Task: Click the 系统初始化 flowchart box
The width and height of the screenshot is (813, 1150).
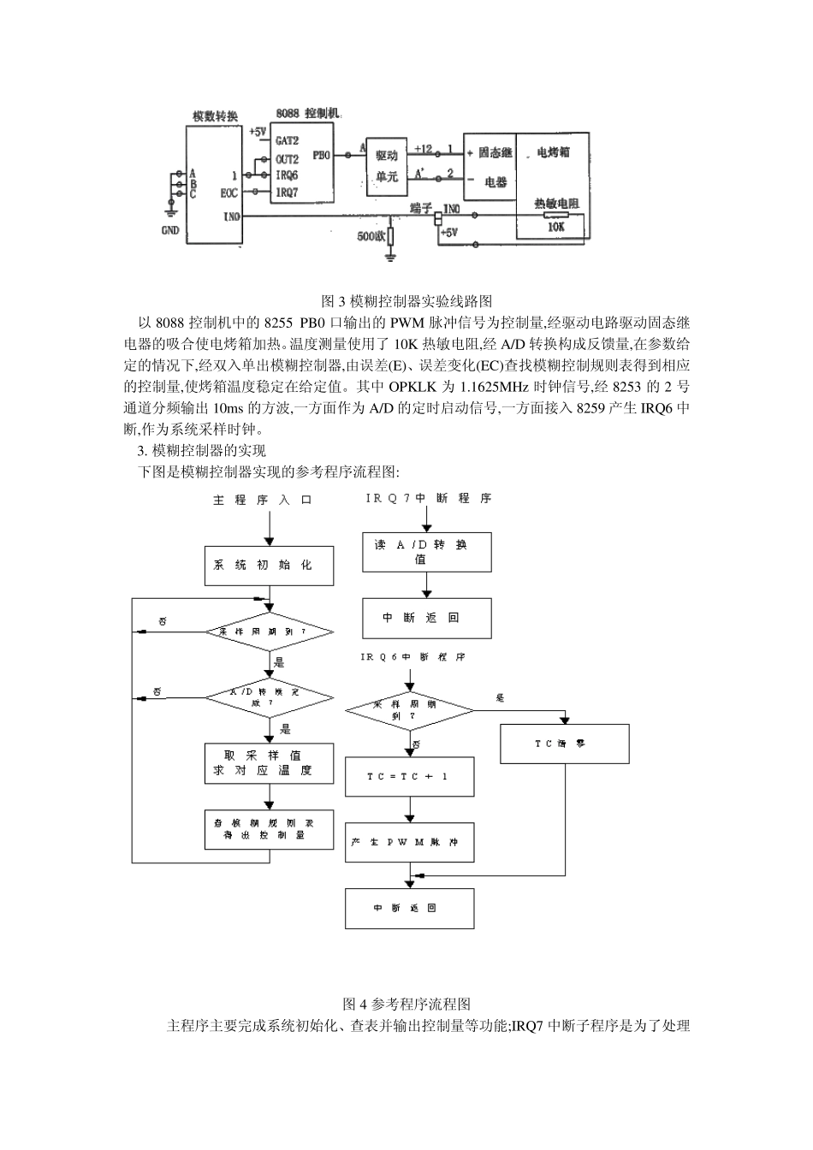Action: coord(269,566)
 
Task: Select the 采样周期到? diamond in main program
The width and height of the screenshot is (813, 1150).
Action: coord(269,632)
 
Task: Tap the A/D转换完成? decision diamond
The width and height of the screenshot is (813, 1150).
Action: coord(269,697)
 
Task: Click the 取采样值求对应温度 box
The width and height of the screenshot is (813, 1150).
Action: coord(269,763)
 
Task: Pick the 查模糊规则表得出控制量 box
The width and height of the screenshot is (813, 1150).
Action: coord(269,829)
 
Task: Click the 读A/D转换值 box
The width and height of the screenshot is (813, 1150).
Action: coord(426,552)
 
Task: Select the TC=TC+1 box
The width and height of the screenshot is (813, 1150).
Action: coord(409,776)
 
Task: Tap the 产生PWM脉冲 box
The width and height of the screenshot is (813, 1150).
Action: coord(409,842)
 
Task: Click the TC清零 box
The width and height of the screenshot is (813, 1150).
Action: coord(565,744)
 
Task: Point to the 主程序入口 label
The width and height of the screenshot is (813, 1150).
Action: coord(263,500)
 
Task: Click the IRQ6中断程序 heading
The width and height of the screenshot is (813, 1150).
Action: coord(412,658)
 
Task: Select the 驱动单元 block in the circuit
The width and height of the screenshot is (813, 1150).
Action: coord(387,167)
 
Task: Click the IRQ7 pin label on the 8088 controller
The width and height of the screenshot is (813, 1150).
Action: coord(287,193)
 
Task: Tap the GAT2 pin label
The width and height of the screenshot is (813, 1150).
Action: coord(287,140)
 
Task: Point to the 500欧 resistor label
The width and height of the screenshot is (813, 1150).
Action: coord(373,236)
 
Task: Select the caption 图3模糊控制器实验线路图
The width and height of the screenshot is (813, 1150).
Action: coord(406,301)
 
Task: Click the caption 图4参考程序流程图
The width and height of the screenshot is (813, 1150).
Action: coord(406,1005)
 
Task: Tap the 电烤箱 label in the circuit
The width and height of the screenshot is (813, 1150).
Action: coord(553,152)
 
